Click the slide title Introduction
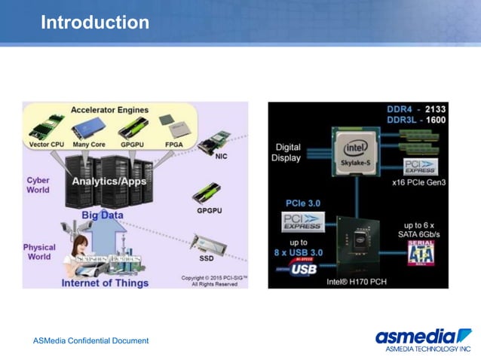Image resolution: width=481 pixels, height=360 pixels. click(95, 23)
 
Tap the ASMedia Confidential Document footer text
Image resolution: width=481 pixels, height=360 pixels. click(91, 341)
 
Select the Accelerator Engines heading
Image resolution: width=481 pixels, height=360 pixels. click(110, 110)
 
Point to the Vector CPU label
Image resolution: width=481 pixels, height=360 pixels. click(47, 144)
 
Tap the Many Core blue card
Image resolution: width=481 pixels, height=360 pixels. click(88, 128)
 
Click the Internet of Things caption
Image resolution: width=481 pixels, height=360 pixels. click(105, 283)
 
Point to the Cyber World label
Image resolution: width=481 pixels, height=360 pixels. click(38, 185)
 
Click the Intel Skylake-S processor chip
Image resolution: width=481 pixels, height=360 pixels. click(356, 150)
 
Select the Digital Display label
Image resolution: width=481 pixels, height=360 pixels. click(288, 152)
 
